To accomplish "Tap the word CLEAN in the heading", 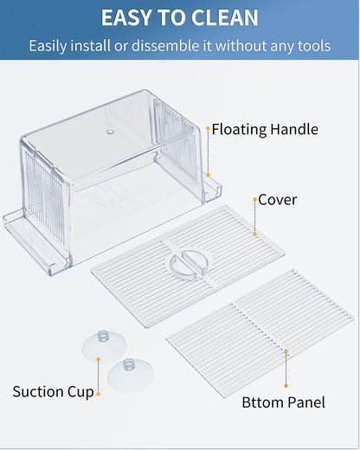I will (x=224, y=17).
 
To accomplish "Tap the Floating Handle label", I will (x=265, y=130).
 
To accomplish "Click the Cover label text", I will (x=277, y=200).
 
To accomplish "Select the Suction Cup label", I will (x=53, y=392).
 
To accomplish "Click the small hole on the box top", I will (x=109, y=132).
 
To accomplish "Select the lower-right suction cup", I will (x=128, y=374).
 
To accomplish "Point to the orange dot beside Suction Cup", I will (x=99, y=394).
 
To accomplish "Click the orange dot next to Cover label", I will (x=254, y=200).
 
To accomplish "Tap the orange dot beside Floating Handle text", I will (x=208, y=129).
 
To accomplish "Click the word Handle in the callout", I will (x=293, y=130).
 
